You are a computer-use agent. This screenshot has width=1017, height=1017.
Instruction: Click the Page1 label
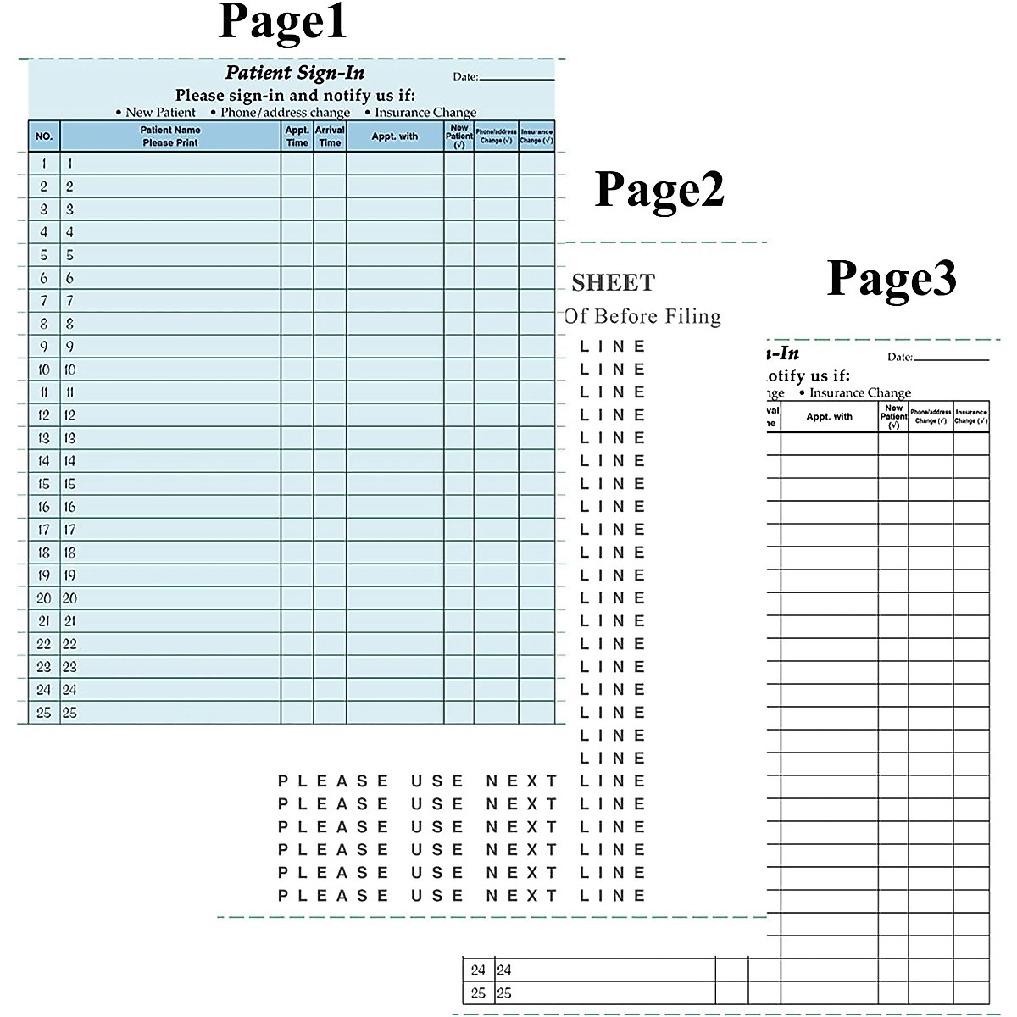click(x=282, y=22)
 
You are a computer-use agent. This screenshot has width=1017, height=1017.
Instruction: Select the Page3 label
click(x=892, y=277)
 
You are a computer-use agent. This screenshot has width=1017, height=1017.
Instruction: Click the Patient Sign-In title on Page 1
click(x=295, y=73)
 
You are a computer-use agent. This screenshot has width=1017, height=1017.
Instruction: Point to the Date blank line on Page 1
click(x=516, y=79)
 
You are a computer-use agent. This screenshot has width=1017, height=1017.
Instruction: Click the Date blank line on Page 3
click(x=951, y=359)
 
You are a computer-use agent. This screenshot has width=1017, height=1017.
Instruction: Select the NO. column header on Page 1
click(x=44, y=136)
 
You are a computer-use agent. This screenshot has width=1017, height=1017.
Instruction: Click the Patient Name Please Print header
click(x=170, y=136)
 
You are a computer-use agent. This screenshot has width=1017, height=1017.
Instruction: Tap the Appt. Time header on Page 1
click(x=297, y=136)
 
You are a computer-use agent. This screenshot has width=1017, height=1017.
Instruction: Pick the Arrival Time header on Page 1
click(x=330, y=136)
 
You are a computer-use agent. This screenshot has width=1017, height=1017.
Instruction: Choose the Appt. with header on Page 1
click(x=395, y=136)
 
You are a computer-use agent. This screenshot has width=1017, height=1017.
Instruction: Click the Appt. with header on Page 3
click(x=830, y=417)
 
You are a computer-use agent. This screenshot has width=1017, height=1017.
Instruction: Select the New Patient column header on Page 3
click(x=893, y=416)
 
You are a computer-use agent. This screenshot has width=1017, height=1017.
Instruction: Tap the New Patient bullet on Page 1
click(x=156, y=113)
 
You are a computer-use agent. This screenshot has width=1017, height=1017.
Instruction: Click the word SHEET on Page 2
click(x=614, y=283)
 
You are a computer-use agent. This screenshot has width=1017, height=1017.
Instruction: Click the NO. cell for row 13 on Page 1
click(x=44, y=438)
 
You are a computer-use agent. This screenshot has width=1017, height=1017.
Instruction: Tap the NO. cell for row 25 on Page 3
click(x=478, y=993)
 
